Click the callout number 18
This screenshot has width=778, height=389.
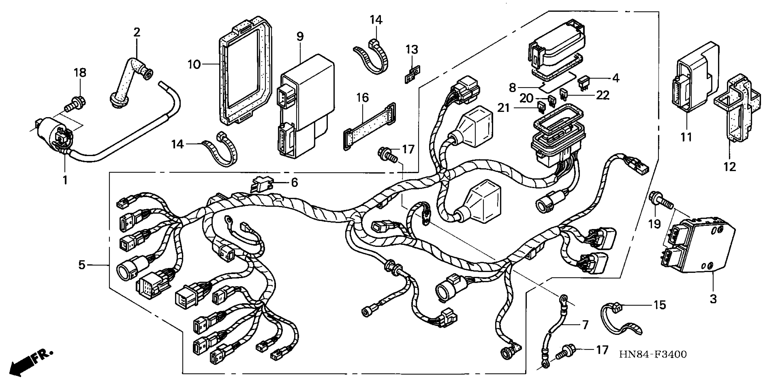[80, 73]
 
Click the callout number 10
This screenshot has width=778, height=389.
[194, 64]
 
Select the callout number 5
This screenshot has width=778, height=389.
[82, 265]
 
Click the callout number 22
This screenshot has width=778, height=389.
[602, 95]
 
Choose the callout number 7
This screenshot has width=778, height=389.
[585, 325]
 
